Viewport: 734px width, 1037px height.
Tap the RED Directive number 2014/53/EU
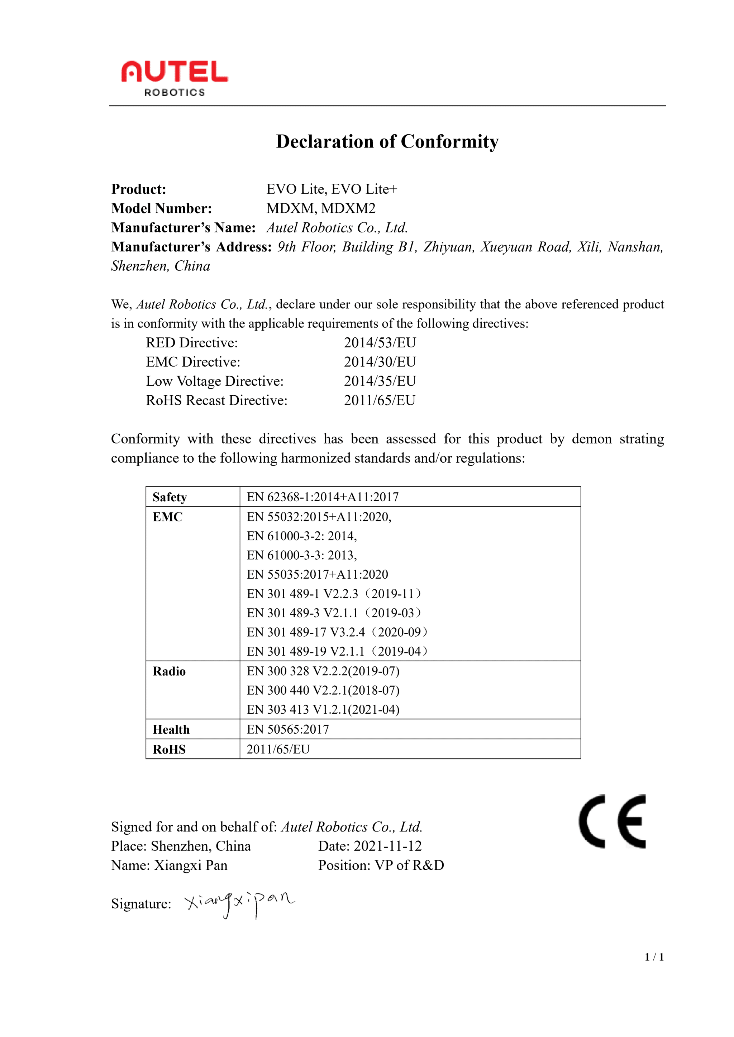(380, 343)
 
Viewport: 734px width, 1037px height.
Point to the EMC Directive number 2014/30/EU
(380, 362)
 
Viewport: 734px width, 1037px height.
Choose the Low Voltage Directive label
(215, 381)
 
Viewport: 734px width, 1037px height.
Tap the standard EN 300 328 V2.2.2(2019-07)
(323, 671)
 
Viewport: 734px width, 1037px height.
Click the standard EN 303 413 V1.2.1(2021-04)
(323, 710)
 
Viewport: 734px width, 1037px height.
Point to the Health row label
(171, 730)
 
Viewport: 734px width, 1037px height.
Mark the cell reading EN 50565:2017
(287, 729)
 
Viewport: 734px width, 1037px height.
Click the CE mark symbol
(613, 821)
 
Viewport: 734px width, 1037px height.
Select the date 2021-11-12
(387, 846)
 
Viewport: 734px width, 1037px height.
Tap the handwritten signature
(239, 903)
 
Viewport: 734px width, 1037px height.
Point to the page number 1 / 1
(654, 969)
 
